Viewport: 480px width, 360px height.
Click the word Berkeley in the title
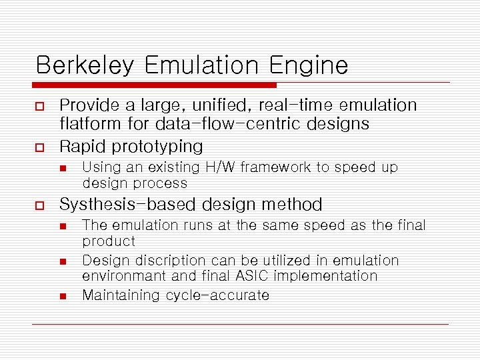(x=85, y=65)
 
